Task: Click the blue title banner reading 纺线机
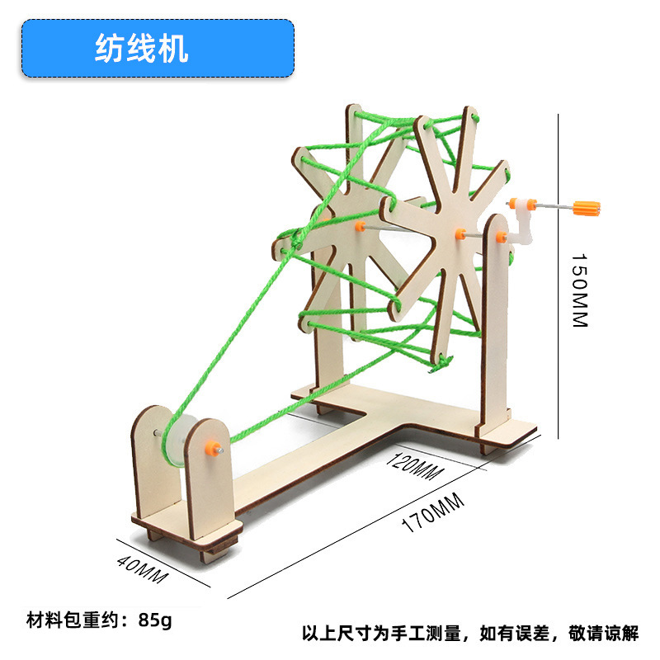tap(157, 48)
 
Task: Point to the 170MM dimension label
tap(432, 512)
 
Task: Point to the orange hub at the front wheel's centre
tap(460, 233)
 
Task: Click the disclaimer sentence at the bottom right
tap(469, 634)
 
